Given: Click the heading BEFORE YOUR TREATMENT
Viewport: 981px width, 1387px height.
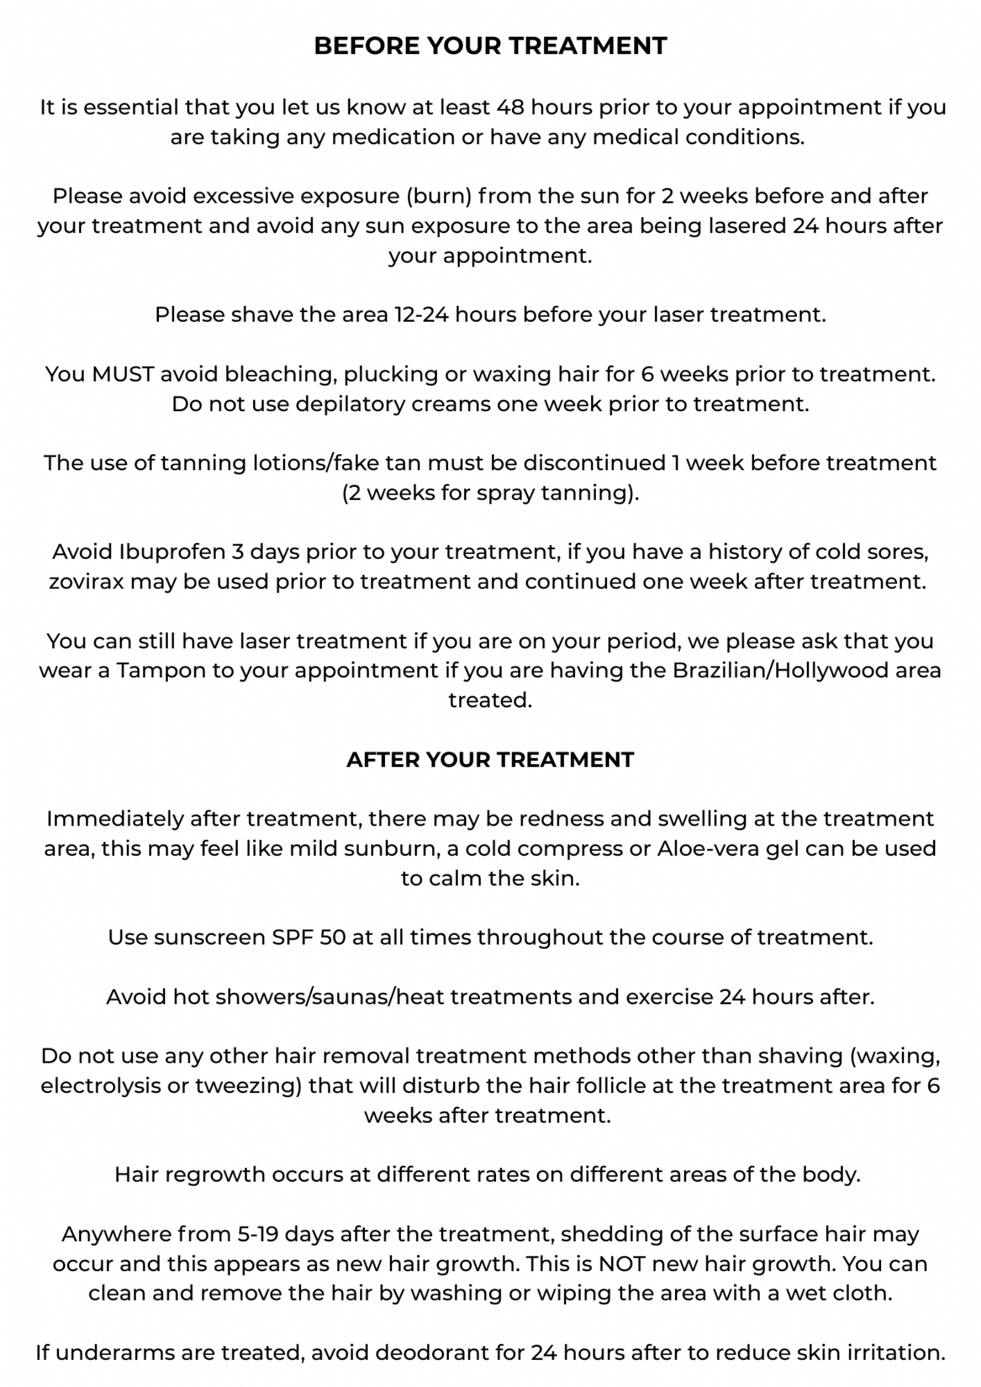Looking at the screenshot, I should click(490, 46).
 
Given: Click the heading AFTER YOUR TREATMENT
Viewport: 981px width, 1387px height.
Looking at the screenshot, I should click(490, 759).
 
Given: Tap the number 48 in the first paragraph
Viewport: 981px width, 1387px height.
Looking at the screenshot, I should click(510, 107).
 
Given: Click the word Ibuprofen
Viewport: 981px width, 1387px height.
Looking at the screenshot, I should click(173, 552).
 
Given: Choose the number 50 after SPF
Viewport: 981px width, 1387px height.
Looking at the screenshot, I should click(333, 938).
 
